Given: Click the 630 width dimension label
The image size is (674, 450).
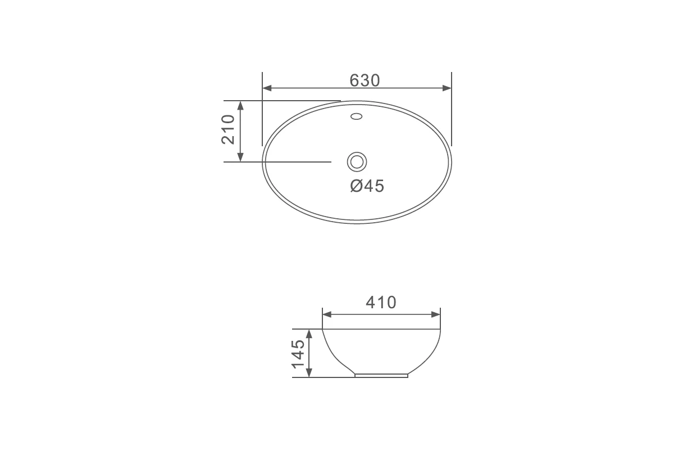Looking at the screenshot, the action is click(365, 80).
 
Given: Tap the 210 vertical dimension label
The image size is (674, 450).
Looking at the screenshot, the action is click(228, 129).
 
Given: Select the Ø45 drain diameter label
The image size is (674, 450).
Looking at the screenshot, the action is click(367, 186).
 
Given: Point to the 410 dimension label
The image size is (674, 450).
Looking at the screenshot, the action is click(381, 302).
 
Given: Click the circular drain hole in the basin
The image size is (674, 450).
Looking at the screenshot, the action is click(357, 162).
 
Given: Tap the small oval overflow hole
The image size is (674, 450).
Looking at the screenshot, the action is click(357, 116).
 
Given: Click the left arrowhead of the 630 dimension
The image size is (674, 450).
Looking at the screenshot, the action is click(267, 88).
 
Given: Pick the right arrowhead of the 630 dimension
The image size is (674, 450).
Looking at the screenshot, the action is click(447, 88).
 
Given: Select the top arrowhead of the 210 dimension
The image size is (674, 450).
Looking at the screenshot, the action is click(240, 106).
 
